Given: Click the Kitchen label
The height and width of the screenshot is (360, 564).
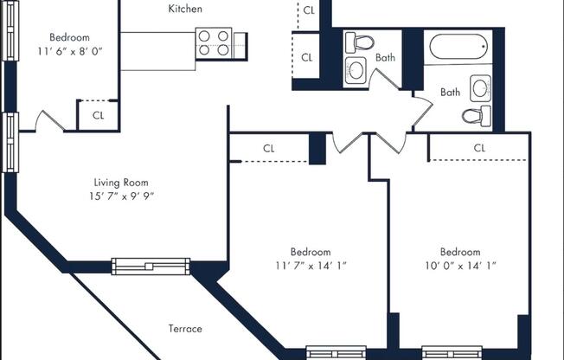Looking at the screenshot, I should [185, 9].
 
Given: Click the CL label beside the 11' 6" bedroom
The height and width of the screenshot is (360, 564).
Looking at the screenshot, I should [98, 115].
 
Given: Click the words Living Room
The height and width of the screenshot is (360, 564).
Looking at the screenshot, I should [121, 183].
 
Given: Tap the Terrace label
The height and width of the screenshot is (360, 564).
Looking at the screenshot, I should [184, 329].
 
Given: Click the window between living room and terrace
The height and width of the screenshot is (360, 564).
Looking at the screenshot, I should [151, 266].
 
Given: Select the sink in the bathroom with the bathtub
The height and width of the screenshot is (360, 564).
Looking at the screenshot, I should [480, 87].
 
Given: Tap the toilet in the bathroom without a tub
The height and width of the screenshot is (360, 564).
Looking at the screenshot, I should [361, 42].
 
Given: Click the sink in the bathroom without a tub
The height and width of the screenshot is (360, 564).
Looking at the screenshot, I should [356, 72].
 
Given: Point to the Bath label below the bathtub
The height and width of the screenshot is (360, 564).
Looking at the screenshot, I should [450, 92].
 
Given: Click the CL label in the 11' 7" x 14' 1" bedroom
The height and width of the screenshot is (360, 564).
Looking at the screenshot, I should [269, 148].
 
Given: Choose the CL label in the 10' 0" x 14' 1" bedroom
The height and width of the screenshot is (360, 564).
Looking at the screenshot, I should [479, 148].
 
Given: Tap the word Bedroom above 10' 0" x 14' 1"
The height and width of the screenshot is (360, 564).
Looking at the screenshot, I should [459, 252].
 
